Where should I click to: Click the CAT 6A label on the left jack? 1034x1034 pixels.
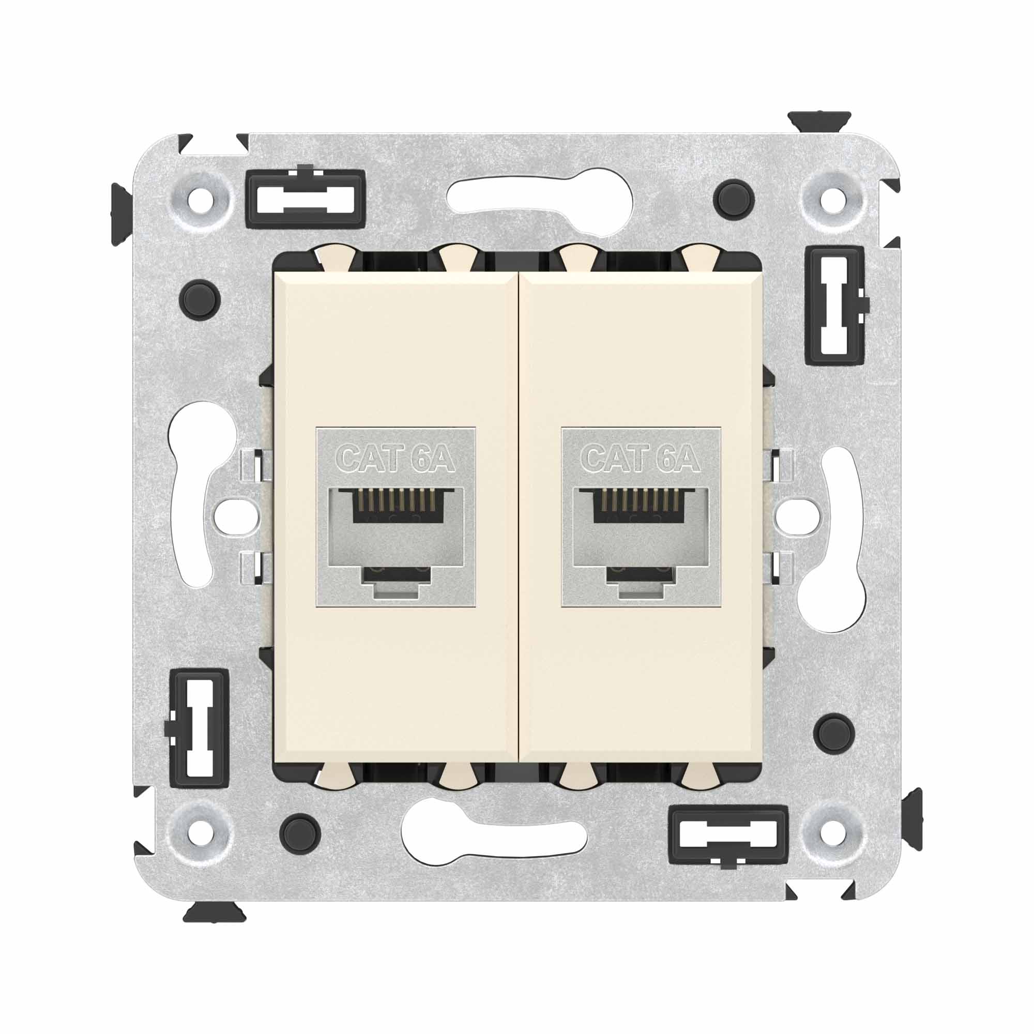point(396,459)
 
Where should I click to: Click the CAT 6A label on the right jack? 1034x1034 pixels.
point(641,459)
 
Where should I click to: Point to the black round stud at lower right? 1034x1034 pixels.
point(831,731)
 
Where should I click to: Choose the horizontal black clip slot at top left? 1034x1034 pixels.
point(306,199)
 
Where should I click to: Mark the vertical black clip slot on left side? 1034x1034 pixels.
point(199,727)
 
